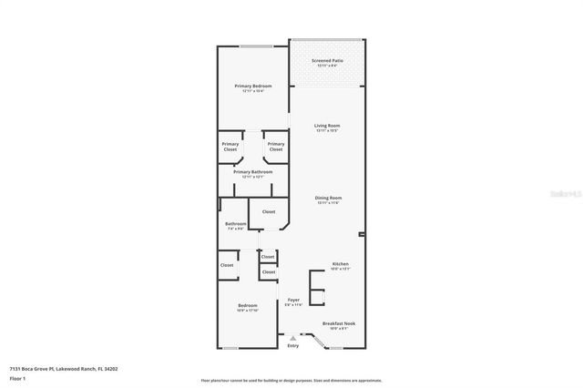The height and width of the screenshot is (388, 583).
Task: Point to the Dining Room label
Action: (329, 199)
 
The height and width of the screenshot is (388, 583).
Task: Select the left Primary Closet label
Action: (231, 146)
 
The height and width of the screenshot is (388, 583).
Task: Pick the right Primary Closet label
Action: (276, 146)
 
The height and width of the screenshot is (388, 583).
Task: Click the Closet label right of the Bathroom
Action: (269, 212)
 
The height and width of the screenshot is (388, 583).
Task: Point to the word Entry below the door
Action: (292, 345)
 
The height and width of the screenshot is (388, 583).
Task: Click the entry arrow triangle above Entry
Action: (292, 337)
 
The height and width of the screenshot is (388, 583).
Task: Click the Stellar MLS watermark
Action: (565, 193)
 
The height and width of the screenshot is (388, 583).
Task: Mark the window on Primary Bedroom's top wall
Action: (256, 46)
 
